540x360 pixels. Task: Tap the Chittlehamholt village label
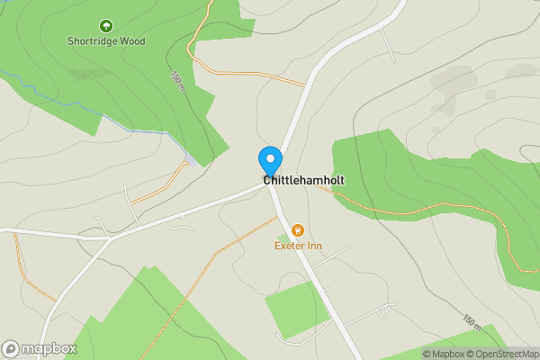pos(303,180)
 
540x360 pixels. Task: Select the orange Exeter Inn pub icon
pos(299,231)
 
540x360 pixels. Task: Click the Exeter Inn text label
pos(299,247)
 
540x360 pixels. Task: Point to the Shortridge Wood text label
pos(106,40)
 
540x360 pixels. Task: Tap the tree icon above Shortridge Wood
pos(106,26)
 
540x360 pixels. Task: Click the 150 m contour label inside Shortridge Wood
pos(177,81)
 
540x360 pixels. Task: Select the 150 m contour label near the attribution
pos(471,321)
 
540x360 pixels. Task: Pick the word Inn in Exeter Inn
pos(314,247)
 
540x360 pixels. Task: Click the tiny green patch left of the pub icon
pos(283,238)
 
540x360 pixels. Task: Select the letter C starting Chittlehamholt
pos(267,180)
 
